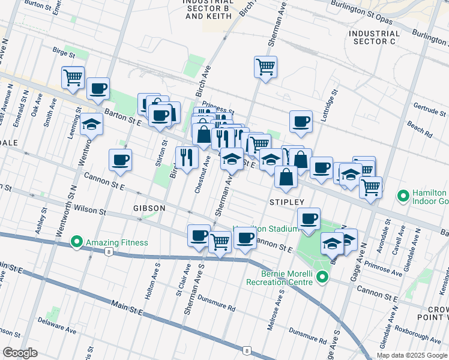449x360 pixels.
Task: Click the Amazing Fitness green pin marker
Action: (x=76, y=242)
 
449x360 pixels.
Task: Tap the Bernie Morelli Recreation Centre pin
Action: (x=322, y=277)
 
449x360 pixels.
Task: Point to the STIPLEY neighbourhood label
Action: (x=287, y=202)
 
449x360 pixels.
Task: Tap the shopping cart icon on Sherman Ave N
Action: (x=265, y=66)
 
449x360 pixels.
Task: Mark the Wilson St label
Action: (x=90, y=212)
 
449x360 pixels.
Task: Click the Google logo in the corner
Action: (x=20, y=353)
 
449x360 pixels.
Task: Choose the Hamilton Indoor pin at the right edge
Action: (x=403, y=196)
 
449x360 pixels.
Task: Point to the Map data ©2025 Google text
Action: (x=412, y=355)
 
